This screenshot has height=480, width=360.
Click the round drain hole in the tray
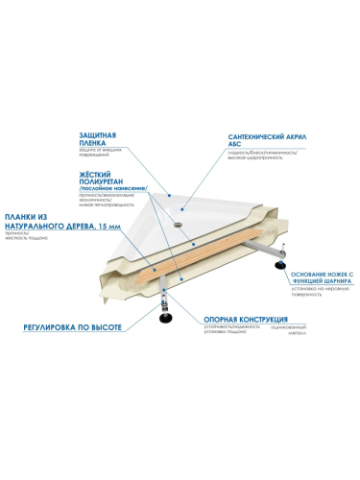click(x=177, y=216)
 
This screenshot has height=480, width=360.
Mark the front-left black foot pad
click(x=166, y=316)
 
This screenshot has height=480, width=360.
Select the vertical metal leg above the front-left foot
click(x=166, y=293)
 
